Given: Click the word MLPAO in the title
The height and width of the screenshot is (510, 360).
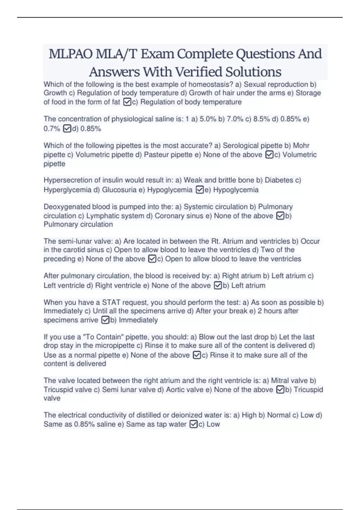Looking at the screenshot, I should coord(70,54).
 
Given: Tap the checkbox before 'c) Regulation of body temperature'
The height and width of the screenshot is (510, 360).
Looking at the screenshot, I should coord(127,102).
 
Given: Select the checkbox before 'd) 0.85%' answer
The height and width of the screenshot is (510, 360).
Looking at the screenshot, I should coord(67,129).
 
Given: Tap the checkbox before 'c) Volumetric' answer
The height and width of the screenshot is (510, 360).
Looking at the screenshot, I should coord(269,155).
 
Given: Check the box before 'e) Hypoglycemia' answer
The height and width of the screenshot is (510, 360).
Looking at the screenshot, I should coord(199,190).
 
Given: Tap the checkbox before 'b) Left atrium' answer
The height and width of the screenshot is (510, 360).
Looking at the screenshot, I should coord(218,286).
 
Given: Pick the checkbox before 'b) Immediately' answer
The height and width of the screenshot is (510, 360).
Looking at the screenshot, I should coord(105,320).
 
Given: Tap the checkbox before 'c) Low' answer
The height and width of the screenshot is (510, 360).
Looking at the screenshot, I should coord(194,424).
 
